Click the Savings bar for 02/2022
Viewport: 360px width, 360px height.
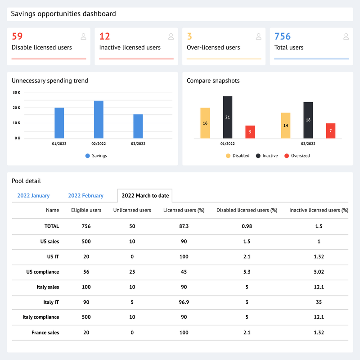tap(99, 120)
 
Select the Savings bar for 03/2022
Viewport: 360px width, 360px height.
tap(138, 126)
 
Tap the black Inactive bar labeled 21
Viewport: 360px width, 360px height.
tap(227, 117)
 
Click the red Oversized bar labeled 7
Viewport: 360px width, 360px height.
tap(330, 131)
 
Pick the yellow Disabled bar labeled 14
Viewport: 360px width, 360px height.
tap(285, 126)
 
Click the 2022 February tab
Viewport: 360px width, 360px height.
tap(85, 196)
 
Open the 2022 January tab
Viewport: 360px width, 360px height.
tap(33, 196)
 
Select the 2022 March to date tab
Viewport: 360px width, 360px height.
tap(145, 196)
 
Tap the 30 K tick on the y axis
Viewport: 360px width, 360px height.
tap(16, 92)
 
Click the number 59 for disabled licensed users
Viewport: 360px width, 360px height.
tap(17, 36)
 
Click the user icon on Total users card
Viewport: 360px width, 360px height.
tap(346, 36)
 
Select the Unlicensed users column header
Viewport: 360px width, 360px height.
tap(132, 210)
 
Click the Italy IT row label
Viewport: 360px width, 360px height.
tap(50, 302)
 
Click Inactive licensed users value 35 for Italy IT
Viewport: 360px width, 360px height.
tap(319, 302)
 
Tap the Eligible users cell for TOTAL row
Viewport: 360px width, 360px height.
tap(86, 226)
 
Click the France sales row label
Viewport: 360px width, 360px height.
tap(45, 333)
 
